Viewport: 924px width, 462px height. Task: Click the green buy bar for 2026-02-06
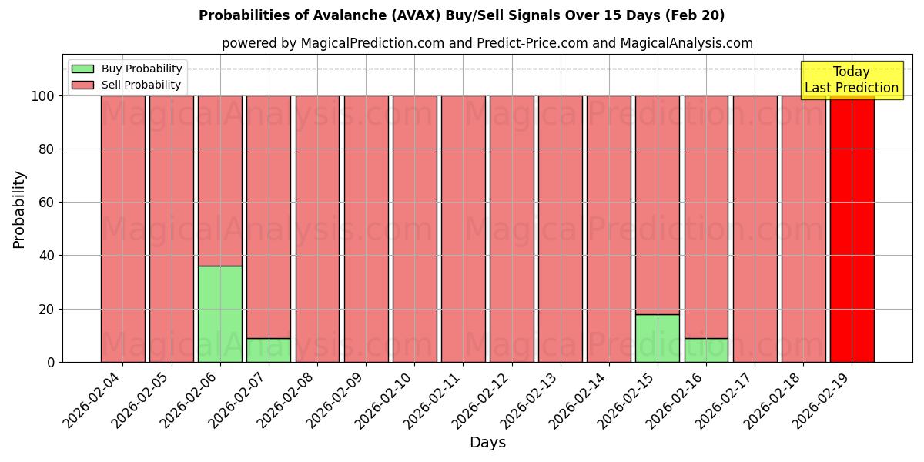tap(220, 314)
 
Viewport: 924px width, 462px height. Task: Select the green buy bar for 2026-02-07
tap(269, 350)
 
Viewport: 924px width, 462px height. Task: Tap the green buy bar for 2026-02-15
tap(658, 338)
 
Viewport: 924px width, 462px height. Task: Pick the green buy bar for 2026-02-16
tap(706, 350)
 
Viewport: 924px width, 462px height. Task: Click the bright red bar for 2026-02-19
tap(852, 229)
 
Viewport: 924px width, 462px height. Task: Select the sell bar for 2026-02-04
tap(123, 229)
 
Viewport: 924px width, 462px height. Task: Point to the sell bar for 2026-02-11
tap(463, 229)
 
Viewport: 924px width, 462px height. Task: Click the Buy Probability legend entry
tap(127, 69)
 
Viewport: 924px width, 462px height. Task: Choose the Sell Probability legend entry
tap(127, 85)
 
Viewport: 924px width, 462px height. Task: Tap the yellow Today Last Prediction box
tap(852, 80)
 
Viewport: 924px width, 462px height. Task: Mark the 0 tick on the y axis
tap(50, 362)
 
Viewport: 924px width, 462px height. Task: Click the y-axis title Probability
tap(19, 209)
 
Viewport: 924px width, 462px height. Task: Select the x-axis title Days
tap(487, 443)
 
